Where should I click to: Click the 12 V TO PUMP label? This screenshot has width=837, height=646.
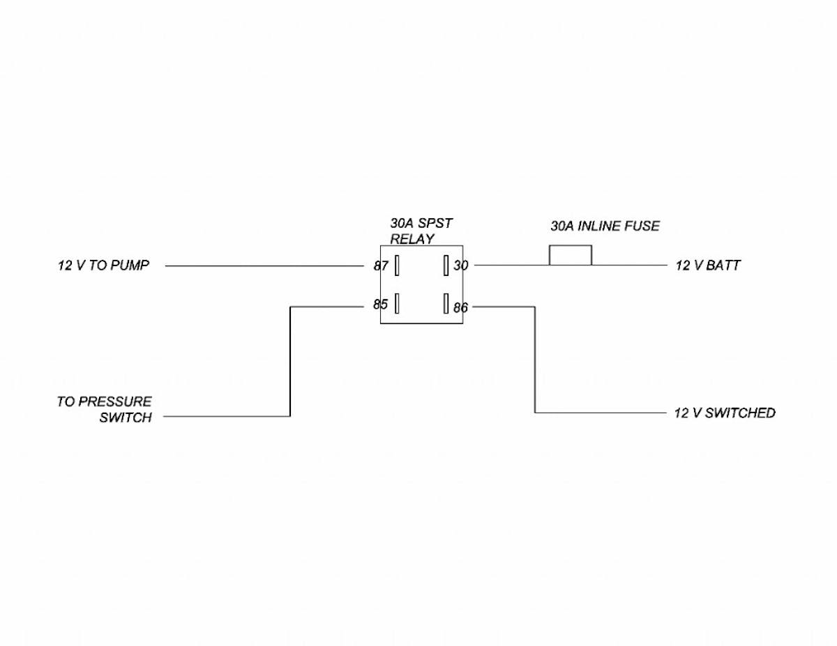103,266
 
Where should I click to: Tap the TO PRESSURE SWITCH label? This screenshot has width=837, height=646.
105,410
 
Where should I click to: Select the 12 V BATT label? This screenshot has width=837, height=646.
707,266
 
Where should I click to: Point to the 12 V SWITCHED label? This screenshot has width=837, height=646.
725,413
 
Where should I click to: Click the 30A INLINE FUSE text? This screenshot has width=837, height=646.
605,226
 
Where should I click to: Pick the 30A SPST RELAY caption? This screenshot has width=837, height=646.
421,231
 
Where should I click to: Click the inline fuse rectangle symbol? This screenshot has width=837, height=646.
571,256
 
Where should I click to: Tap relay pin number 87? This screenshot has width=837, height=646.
381,266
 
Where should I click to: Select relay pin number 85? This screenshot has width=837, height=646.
380,305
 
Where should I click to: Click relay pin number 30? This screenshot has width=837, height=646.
461,266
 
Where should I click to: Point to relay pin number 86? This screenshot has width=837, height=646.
460,307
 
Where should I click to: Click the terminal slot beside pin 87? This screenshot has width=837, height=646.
397,266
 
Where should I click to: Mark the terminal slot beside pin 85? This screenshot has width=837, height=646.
397,304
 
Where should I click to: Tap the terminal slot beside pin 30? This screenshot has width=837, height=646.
445,266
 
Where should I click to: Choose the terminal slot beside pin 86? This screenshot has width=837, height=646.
445,304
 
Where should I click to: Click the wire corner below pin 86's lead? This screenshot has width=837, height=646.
535,413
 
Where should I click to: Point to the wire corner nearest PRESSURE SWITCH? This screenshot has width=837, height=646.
290,416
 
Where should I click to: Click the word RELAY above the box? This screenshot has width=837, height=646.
412,239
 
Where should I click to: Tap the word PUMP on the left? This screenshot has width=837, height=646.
130,266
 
